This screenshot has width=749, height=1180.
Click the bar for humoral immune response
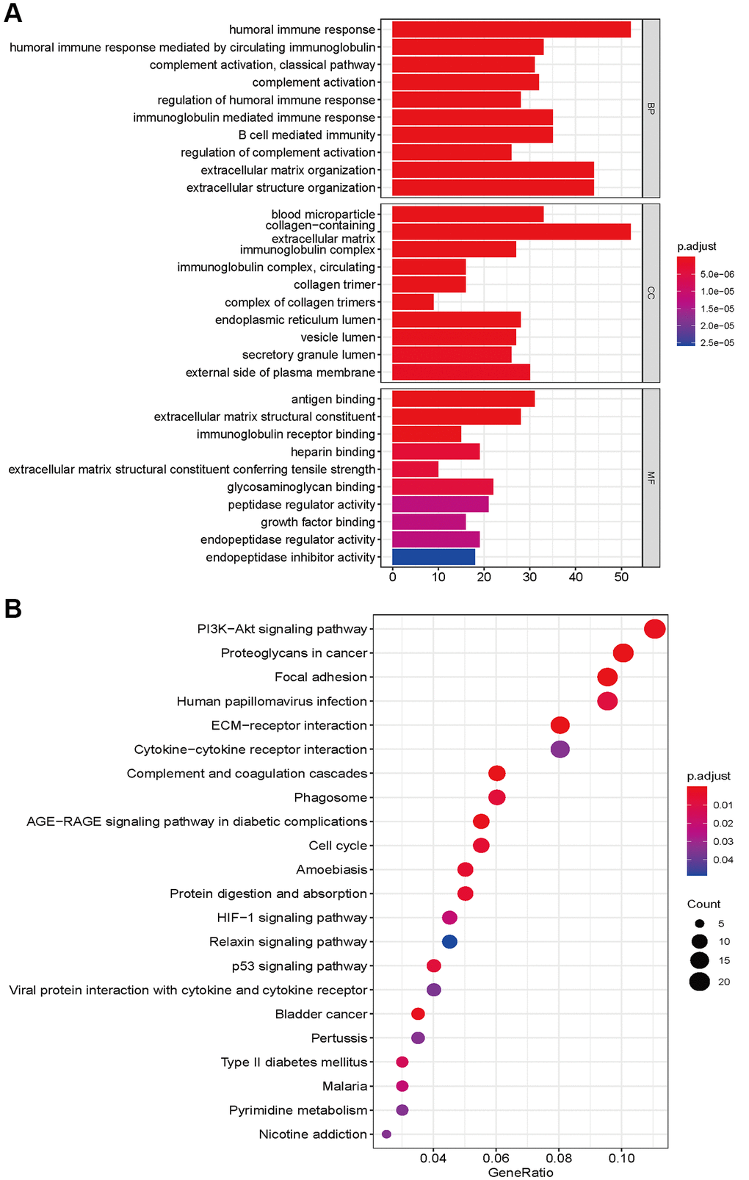coord(511,29)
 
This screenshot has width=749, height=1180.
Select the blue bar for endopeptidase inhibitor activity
coord(433,557)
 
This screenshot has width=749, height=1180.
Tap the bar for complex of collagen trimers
coord(413,302)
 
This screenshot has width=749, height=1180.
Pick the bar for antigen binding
coord(463,399)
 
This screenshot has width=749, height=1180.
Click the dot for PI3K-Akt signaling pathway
coord(654,629)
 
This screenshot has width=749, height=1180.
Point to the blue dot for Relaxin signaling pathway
coord(449,941)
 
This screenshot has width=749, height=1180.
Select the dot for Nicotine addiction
coord(386,1134)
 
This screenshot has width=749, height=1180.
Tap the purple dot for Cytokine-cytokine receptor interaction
coord(560,749)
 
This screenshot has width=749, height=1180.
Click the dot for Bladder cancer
coord(418,1014)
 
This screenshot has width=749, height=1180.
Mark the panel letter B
coord(12,608)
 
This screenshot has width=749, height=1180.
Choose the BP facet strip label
coord(651,108)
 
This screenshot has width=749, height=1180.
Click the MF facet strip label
coord(651,478)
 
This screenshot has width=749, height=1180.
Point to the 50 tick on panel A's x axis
coord(621,578)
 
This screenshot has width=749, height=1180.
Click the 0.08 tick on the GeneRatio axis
coord(559,1158)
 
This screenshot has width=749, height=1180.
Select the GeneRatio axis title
coord(521,1172)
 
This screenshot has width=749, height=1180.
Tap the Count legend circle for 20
coord(699,982)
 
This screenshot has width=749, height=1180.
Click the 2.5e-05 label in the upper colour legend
coord(717,342)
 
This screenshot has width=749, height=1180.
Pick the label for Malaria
coord(344,1086)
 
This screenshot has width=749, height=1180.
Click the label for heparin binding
coord(333,452)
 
